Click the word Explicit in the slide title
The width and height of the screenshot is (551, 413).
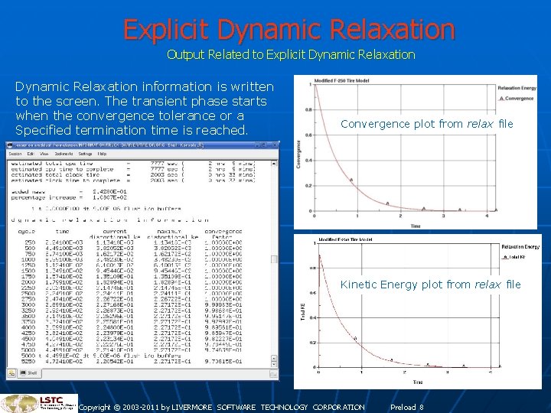click(167, 30)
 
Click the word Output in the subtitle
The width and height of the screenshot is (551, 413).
click(184, 55)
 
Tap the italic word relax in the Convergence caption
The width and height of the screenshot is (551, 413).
click(481, 124)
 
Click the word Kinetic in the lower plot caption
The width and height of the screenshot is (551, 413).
click(360, 285)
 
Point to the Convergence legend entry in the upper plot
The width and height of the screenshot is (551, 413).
click(519, 98)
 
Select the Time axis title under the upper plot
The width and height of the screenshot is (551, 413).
click(415, 226)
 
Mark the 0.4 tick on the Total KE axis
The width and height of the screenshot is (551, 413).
click(311, 317)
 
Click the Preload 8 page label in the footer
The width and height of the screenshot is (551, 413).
click(406, 408)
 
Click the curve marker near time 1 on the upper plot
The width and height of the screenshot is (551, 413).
click(351, 180)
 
